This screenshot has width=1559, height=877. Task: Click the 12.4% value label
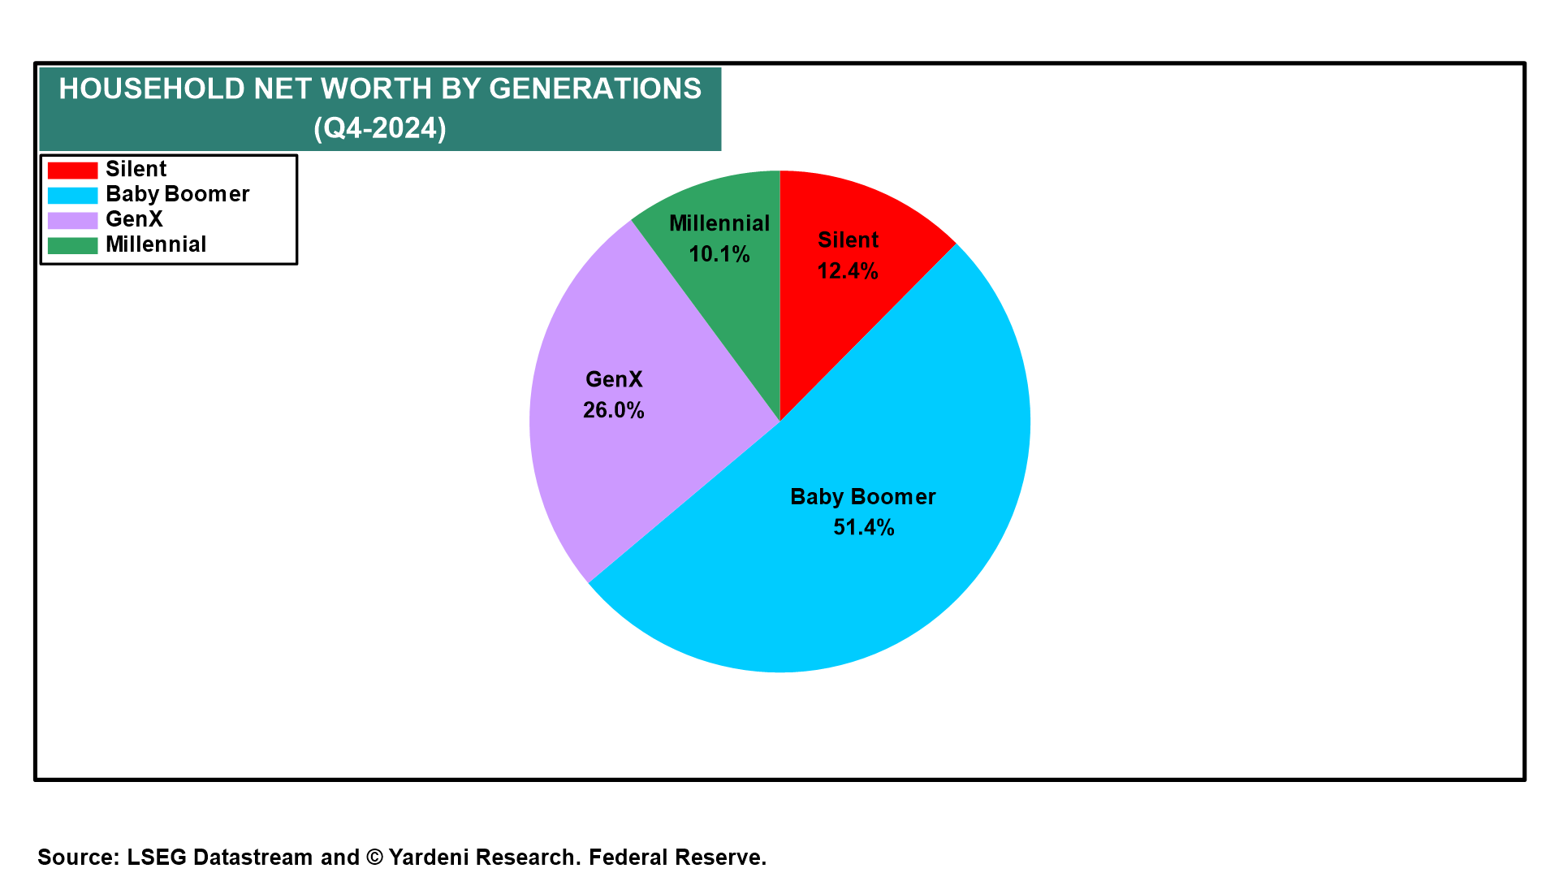[x=848, y=271]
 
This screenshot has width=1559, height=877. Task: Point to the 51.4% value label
[x=864, y=528]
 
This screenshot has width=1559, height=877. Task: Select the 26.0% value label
[x=614, y=411]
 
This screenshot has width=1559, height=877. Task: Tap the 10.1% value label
[x=719, y=255]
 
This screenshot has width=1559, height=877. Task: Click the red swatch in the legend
[x=72, y=170]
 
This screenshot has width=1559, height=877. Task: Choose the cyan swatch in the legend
[x=72, y=195]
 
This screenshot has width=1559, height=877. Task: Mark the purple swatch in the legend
[x=72, y=220]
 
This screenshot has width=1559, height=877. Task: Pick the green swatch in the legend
[x=72, y=245]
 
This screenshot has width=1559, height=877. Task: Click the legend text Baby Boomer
[x=178, y=195]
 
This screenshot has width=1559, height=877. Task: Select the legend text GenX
[x=135, y=219]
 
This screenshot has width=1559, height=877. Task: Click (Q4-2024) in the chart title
[x=380, y=128]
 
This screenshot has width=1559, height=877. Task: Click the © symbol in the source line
[x=374, y=858]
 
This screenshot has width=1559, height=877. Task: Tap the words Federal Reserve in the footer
[x=677, y=858]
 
